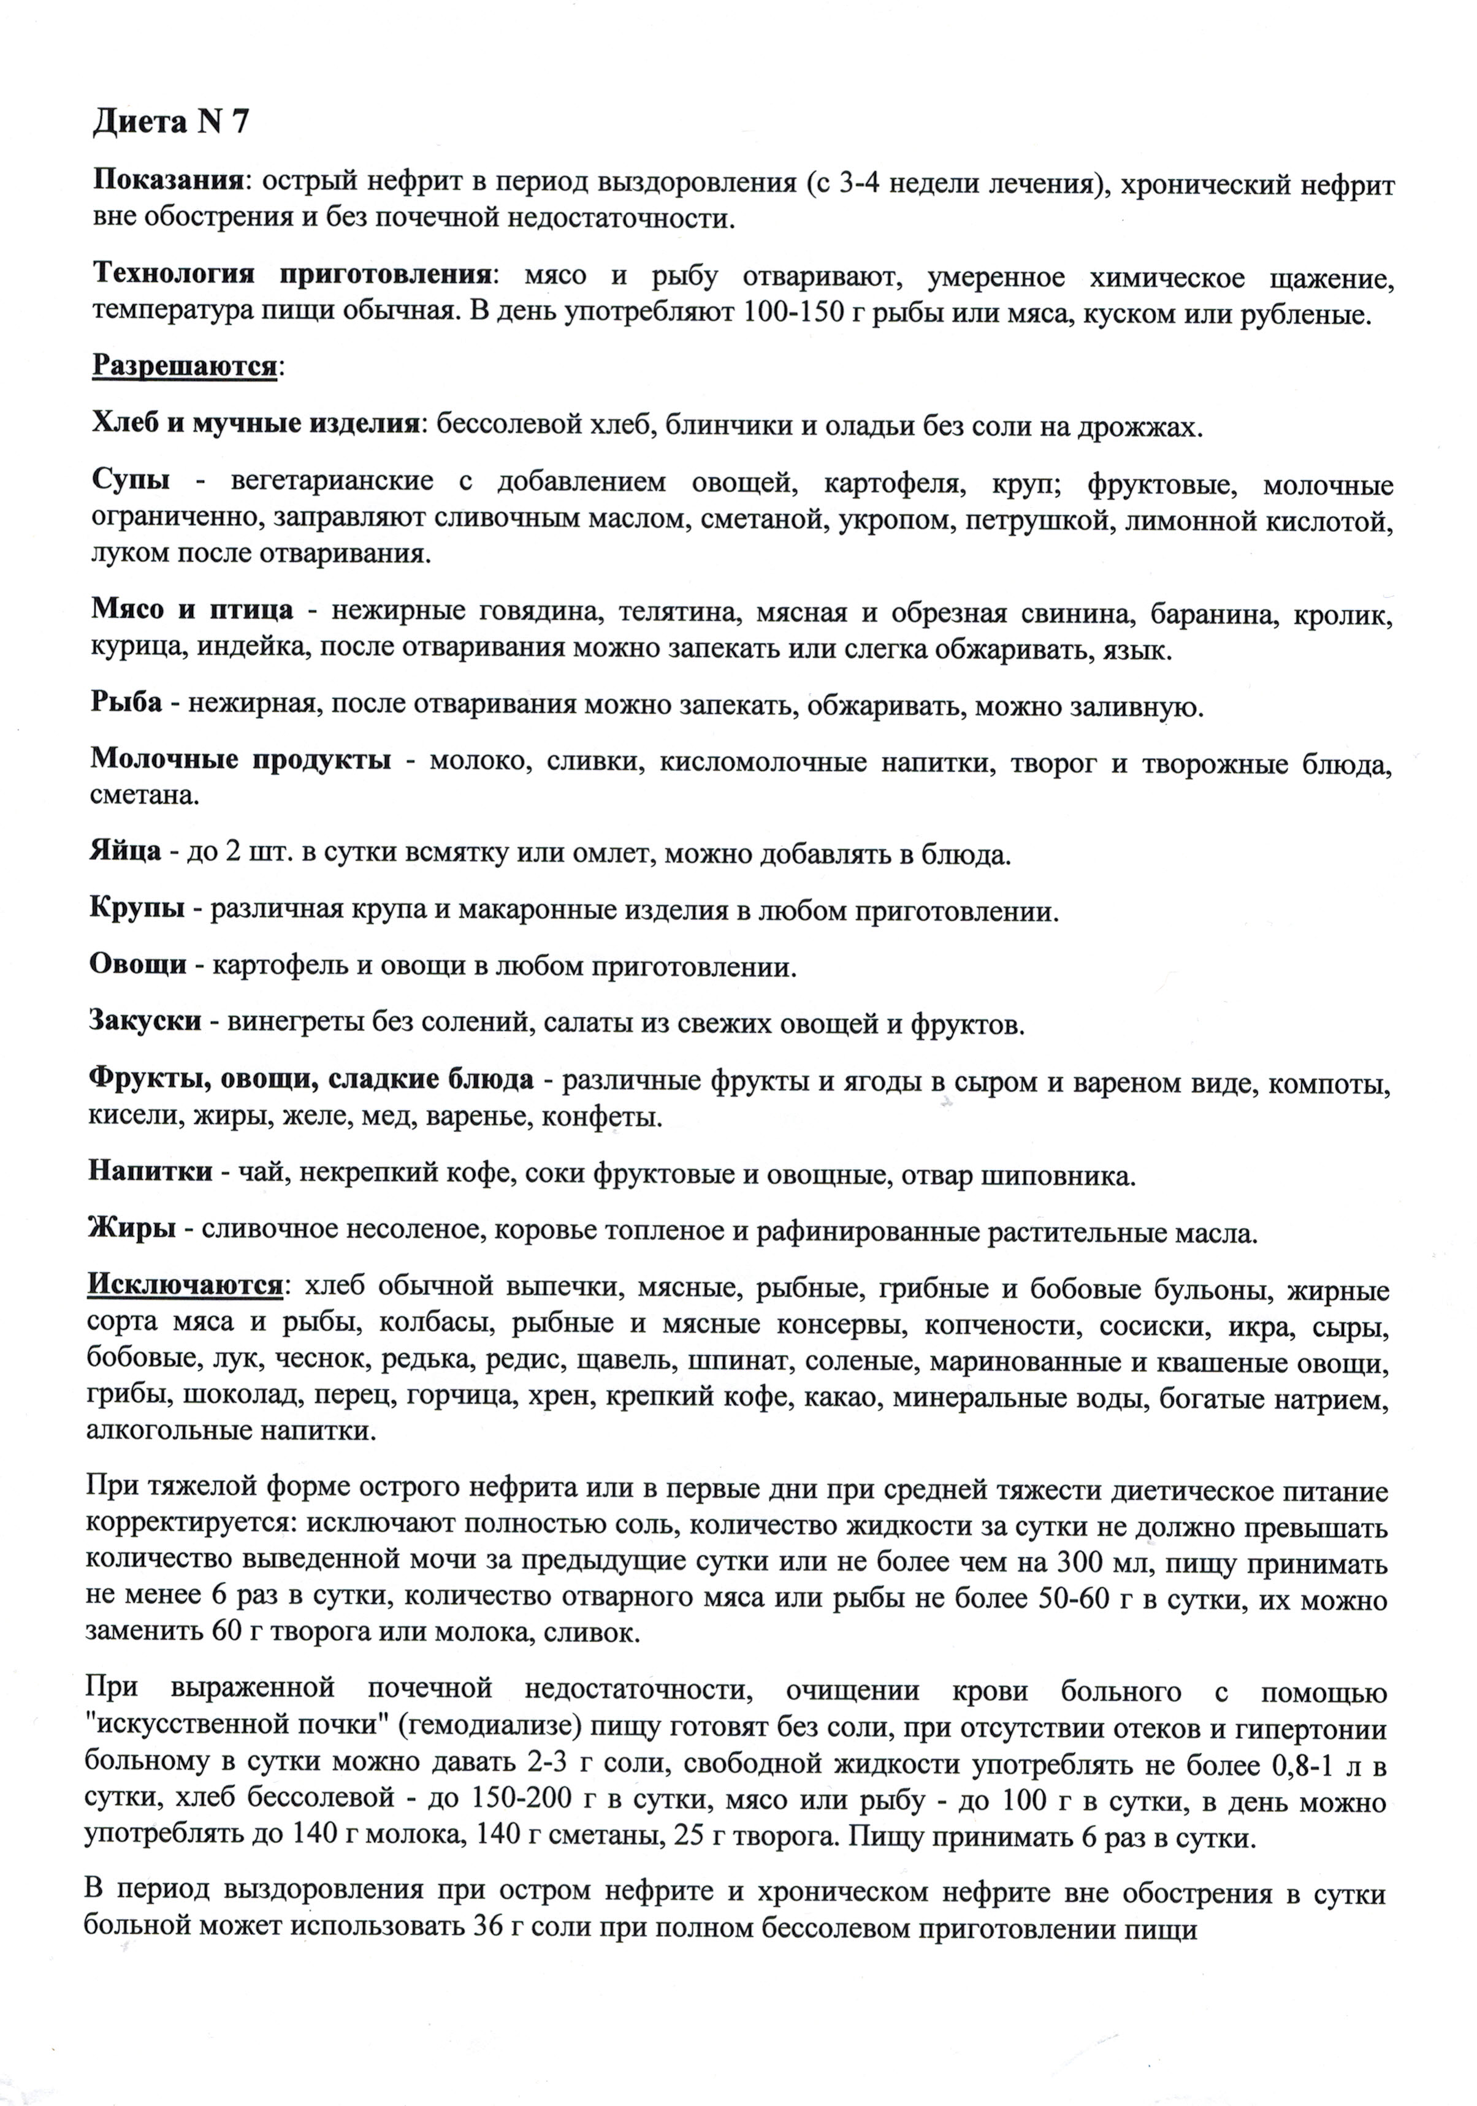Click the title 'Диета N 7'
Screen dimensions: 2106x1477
click(x=170, y=122)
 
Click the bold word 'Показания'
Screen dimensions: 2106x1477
click(x=169, y=180)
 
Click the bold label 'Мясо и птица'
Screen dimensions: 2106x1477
click(x=192, y=610)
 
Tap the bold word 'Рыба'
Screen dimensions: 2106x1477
click(x=126, y=704)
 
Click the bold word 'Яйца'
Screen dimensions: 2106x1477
click(x=126, y=854)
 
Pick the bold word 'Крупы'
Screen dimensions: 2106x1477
click(x=137, y=910)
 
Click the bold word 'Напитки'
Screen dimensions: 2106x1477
click(x=150, y=1171)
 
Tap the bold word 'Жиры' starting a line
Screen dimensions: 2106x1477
click(x=131, y=1228)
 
